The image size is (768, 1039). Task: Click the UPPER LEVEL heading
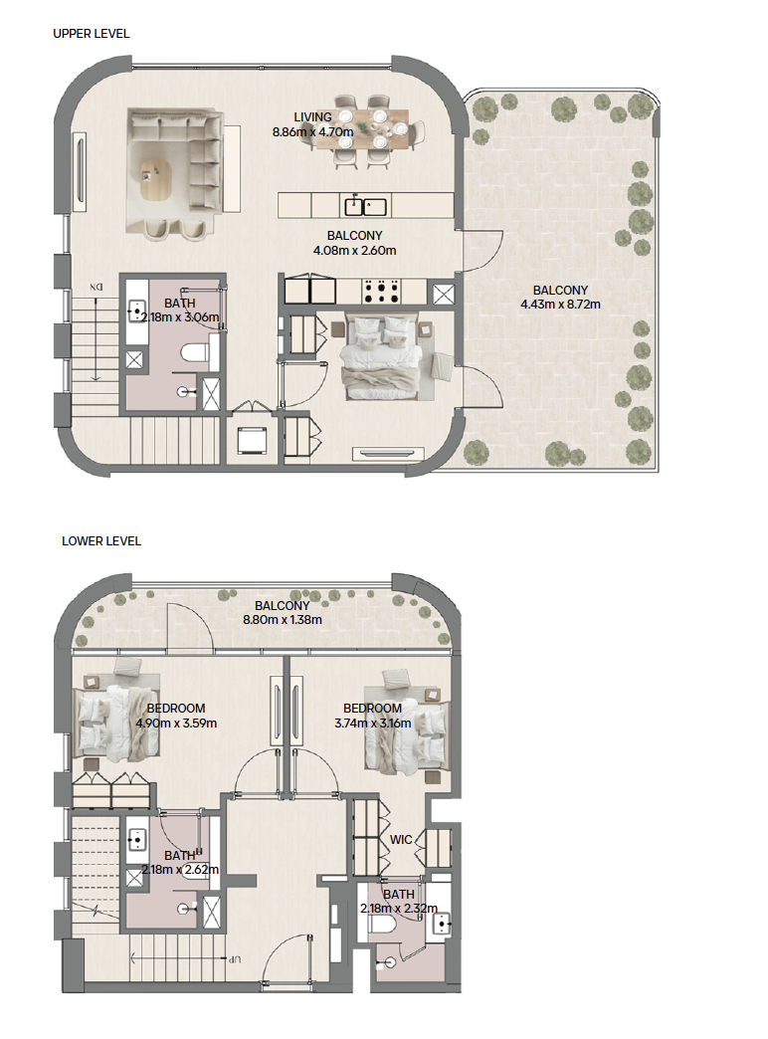(92, 33)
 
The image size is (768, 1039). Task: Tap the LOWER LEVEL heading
(101, 540)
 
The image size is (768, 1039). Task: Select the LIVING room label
(312, 117)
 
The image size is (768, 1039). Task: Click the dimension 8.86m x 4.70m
(312, 131)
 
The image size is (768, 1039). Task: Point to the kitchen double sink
(365, 206)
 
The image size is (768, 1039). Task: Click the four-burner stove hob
(380, 291)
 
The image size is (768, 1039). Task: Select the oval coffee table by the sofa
(156, 179)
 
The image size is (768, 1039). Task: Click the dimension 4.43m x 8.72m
(561, 305)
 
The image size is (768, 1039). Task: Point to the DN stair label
(96, 288)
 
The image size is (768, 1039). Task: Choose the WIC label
(401, 840)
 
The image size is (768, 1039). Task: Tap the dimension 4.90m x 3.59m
(176, 723)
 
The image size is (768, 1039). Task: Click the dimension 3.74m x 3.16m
(372, 723)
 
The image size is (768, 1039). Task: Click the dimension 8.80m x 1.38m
(283, 620)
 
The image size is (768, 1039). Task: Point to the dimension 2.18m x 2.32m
(399, 909)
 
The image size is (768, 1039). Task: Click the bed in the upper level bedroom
(380, 356)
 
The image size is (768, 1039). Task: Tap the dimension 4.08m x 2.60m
(354, 251)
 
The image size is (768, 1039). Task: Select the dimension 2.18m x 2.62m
(180, 870)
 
